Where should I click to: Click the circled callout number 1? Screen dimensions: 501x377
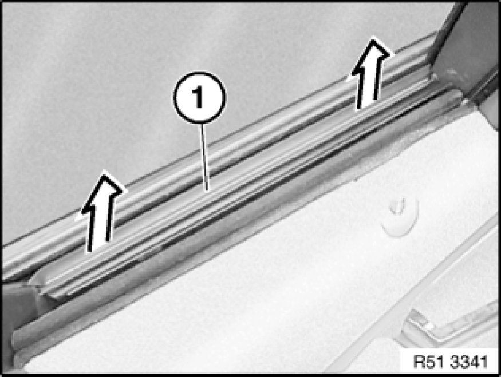[x=199, y=97]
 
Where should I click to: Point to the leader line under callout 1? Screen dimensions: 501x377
[x=204, y=156]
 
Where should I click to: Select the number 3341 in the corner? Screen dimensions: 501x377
[x=469, y=362]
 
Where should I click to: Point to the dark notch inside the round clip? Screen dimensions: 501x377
[x=397, y=207]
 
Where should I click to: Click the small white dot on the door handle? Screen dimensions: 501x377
[x=429, y=326]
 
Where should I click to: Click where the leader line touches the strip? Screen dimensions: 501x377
[x=208, y=191]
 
